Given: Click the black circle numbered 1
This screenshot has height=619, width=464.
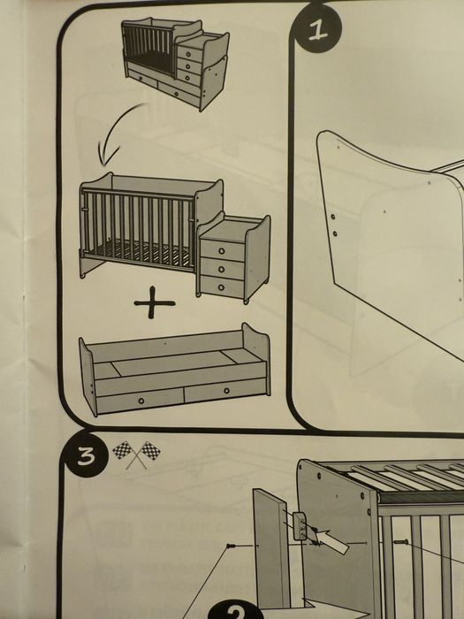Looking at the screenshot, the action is pyautogui.click(x=318, y=29).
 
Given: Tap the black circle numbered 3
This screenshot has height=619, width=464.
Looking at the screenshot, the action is pyautogui.click(x=86, y=455).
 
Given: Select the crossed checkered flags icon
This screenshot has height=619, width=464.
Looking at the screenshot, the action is pyautogui.click(x=136, y=454).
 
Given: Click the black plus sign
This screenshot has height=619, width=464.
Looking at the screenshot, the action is pyautogui.click(x=155, y=302).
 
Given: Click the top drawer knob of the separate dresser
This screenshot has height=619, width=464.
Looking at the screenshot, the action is pyautogui.click(x=221, y=250).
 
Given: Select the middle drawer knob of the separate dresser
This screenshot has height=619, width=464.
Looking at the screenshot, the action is pyautogui.click(x=221, y=269).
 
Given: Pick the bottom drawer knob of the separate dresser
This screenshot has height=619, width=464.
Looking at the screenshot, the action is pyautogui.click(x=221, y=287).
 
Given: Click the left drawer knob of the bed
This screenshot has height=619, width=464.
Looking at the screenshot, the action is pyautogui.click(x=141, y=401).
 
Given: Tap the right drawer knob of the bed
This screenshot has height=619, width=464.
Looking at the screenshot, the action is pyautogui.click(x=226, y=391).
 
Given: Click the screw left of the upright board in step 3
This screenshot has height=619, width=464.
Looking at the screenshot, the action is pyautogui.click(x=232, y=546).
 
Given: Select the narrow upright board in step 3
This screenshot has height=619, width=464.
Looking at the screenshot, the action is pyautogui.click(x=271, y=549).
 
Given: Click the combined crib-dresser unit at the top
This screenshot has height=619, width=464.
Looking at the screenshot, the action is pyautogui.click(x=176, y=63).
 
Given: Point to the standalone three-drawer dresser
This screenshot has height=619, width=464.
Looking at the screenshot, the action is pyautogui.click(x=233, y=258).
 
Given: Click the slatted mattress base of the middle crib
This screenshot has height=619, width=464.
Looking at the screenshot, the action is pyautogui.click(x=142, y=253).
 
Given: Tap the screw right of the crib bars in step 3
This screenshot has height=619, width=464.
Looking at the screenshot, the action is pyautogui.click(x=400, y=541).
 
